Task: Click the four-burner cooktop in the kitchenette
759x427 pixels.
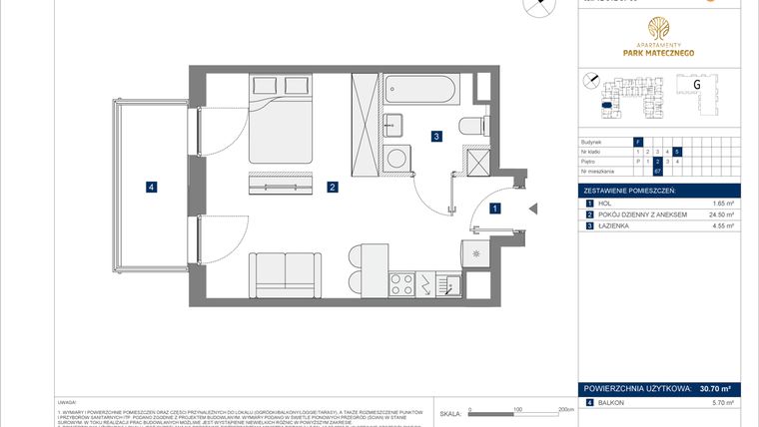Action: pos(401,282)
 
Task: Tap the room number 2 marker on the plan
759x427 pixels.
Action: pos(331,187)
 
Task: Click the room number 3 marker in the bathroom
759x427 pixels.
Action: pos(436,137)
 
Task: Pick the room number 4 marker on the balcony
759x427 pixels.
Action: pos(150,186)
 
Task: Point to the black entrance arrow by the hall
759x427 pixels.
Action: pos(532,209)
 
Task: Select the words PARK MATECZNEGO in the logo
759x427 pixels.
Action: pos(660,53)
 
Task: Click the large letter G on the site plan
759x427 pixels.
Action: pos(695,86)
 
